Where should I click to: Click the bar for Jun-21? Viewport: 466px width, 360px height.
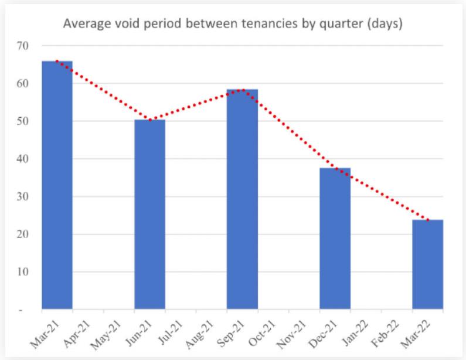[x=149, y=214]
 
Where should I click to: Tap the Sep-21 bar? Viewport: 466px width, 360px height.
[x=242, y=199]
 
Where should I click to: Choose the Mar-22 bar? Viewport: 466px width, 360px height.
[x=427, y=264]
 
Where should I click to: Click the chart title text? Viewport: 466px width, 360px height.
[x=233, y=24]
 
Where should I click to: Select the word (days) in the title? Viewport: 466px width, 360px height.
[x=384, y=25]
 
